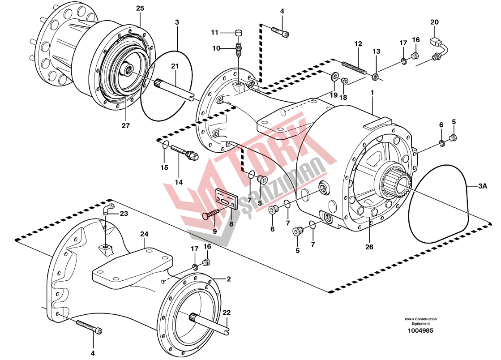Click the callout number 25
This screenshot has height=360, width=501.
[140, 9]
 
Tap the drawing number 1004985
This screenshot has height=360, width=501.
[420, 331]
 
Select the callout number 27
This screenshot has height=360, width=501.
[126, 126]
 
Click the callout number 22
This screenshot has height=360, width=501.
[227, 312]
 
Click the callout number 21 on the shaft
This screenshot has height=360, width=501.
[175, 66]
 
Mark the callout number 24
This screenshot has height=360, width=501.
[144, 234]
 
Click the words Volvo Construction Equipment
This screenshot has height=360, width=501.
[420, 321]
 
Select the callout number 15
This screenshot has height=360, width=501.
[164, 167]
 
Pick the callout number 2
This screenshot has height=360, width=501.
[228, 279]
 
